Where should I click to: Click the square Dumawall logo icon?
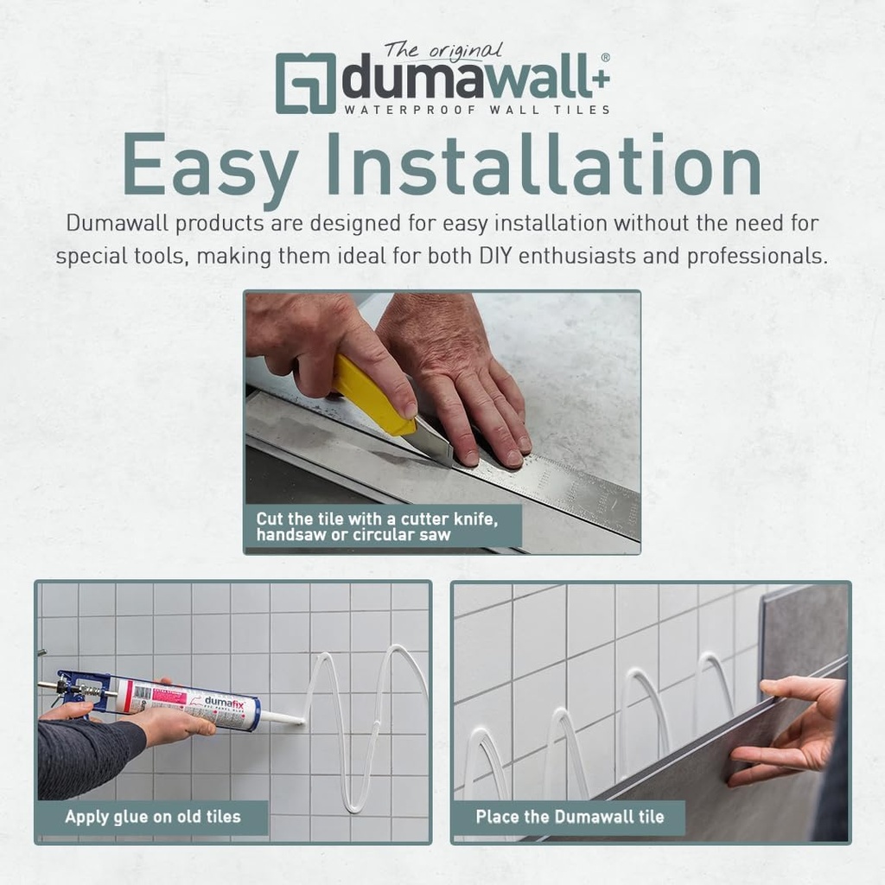point(305,83)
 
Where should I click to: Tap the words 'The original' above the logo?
point(442,51)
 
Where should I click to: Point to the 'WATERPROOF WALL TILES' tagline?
point(477,110)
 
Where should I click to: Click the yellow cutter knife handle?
point(373,396)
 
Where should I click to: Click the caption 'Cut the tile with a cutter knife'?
point(388,519)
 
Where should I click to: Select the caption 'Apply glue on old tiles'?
point(153,816)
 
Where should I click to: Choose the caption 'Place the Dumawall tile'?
point(569,816)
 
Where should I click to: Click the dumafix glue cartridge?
point(186,704)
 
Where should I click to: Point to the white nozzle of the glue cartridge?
point(281,717)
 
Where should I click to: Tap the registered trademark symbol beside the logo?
point(605,58)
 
